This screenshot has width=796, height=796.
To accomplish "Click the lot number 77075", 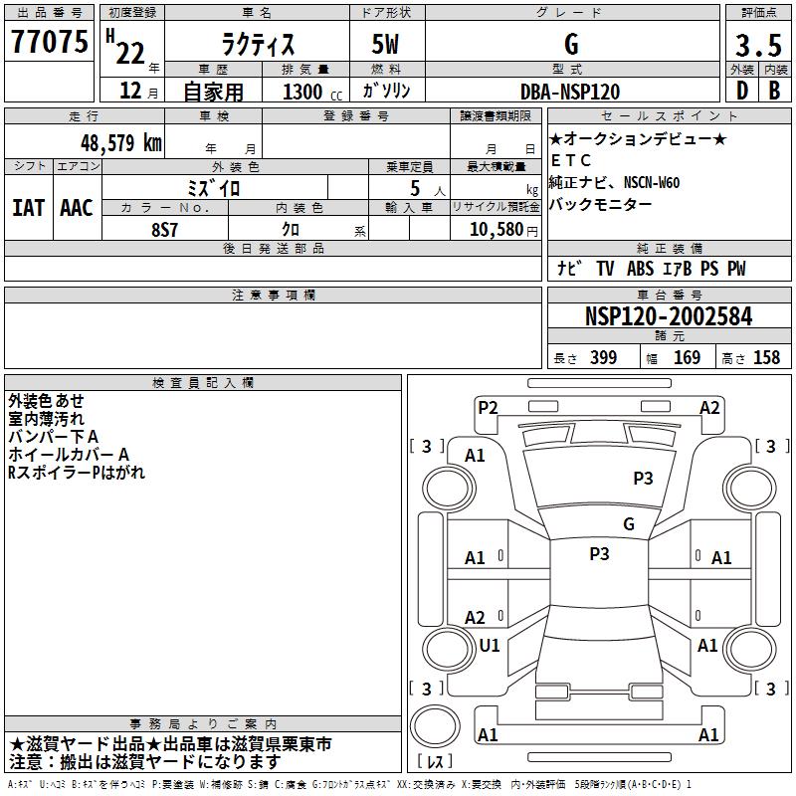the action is (x=50, y=43).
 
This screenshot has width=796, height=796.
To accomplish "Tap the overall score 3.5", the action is (x=756, y=45).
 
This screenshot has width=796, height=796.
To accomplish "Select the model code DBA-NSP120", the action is (x=570, y=92).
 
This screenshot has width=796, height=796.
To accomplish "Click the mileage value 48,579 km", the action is (x=120, y=142).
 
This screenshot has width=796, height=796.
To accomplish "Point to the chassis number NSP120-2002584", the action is (x=669, y=317).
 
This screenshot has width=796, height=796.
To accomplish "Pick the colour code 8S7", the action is (x=165, y=228).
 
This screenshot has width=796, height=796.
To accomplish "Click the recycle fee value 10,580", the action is (x=490, y=229).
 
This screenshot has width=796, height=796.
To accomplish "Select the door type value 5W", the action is (x=386, y=45).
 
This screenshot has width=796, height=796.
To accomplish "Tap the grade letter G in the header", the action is (x=570, y=45).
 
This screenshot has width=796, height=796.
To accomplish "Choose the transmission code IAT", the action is (x=29, y=208).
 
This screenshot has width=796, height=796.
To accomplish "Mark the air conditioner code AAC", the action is (x=76, y=208).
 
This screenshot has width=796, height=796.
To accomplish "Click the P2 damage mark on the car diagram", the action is (x=488, y=407).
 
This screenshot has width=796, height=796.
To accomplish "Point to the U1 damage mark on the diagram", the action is (x=490, y=646).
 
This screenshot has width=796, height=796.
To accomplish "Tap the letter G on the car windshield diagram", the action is (x=628, y=524).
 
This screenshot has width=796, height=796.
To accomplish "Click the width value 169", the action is (x=687, y=358).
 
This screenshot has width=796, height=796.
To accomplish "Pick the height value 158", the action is (x=766, y=358).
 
